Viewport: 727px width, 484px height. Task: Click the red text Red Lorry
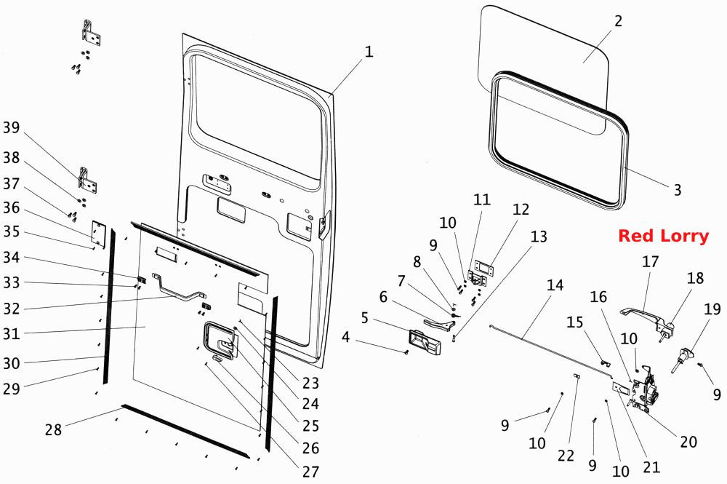[663, 236]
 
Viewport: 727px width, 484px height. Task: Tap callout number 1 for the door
[369, 52]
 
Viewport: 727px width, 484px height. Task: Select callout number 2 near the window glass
[618, 21]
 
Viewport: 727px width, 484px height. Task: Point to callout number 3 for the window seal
[678, 189]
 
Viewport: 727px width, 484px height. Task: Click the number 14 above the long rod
[555, 285]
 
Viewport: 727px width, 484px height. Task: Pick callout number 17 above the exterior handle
[650, 262]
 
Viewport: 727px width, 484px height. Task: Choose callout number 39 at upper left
[12, 127]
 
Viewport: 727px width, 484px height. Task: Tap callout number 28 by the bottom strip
[53, 429]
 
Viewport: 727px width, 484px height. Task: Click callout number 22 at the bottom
[566, 456]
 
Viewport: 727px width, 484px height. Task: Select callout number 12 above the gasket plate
[521, 210]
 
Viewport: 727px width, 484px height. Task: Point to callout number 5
[364, 318]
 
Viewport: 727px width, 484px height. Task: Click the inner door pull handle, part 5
[425, 343]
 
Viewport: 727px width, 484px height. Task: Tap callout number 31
[12, 333]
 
